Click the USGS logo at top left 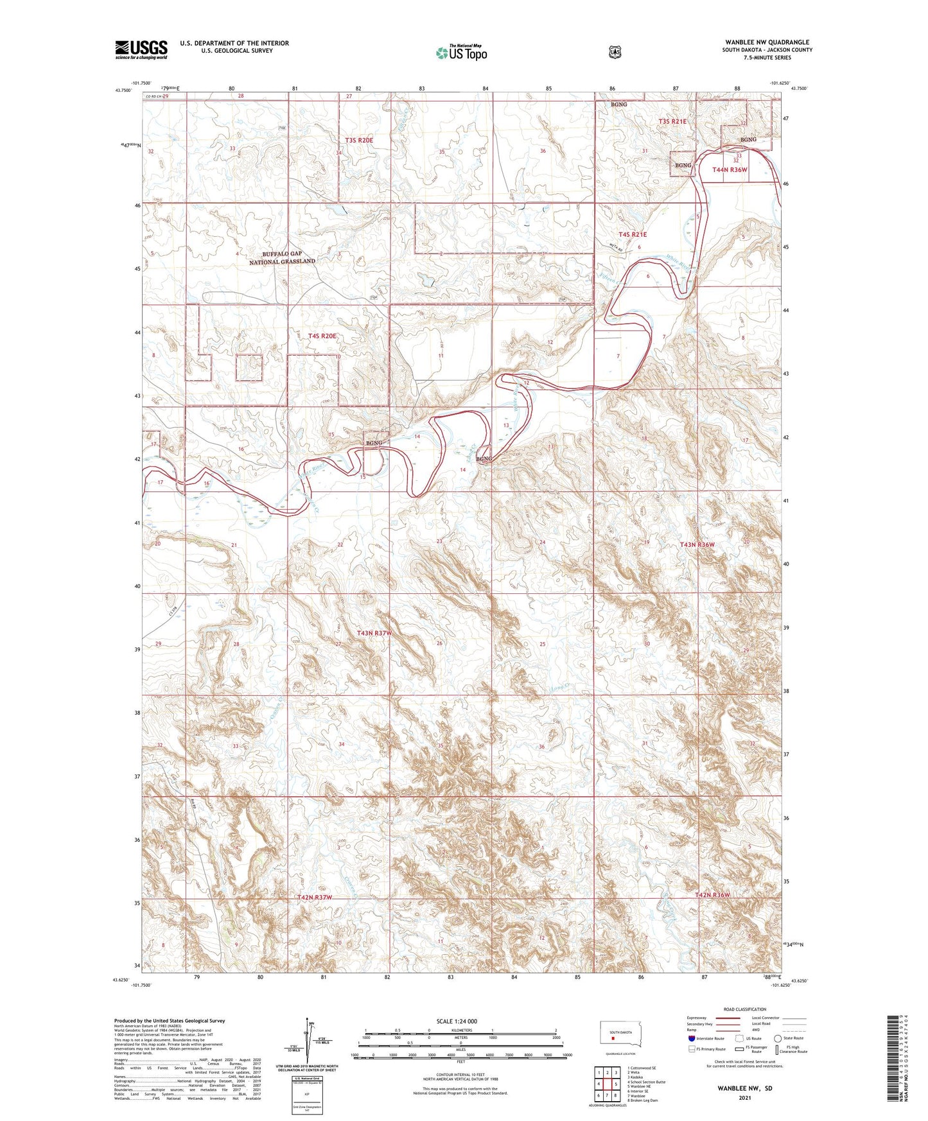point(141,49)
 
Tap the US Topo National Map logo point(460,53)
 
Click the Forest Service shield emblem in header point(615,52)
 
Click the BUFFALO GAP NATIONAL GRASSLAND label point(283,257)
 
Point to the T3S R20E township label point(359,140)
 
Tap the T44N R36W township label point(730,169)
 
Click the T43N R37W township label point(374,633)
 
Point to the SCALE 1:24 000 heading point(457,1021)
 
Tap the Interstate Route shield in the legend point(691,1038)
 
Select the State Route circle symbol point(778,1038)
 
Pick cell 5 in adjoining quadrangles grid point(615,1084)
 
